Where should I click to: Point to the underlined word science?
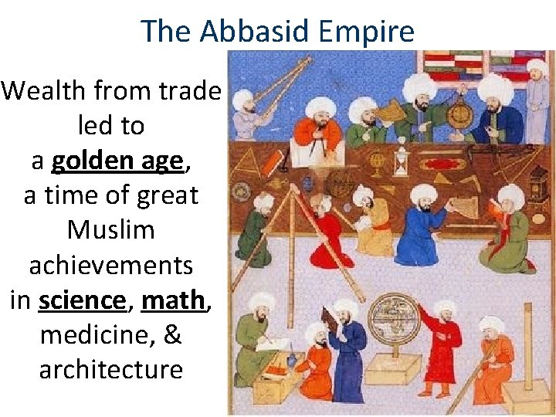point(83,300)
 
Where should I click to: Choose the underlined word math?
point(175,300)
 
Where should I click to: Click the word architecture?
point(111,369)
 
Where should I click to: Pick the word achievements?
point(111,265)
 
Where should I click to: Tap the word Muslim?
point(111,230)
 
